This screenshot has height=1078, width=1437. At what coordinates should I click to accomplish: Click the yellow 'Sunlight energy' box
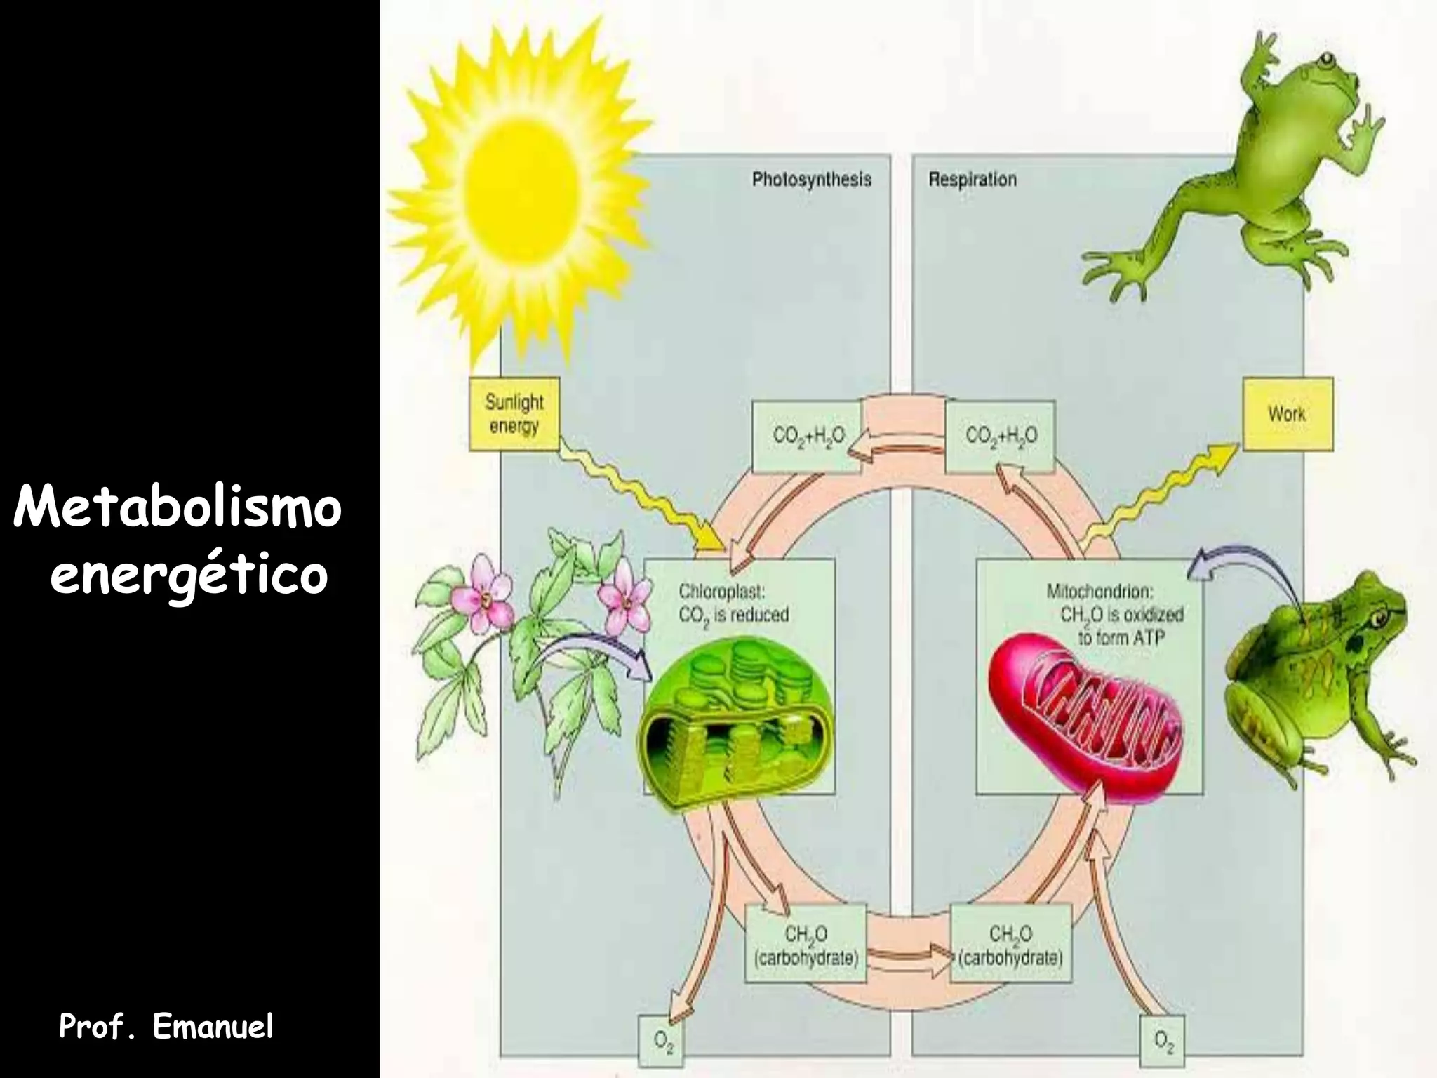pyautogui.click(x=514, y=415)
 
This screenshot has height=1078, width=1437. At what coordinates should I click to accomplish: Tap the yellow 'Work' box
pyautogui.click(x=1287, y=414)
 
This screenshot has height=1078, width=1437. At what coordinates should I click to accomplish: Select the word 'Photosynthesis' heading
pyautogui.click(x=811, y=180)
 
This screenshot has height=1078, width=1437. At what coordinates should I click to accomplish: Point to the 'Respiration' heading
pyautogui.click(x=972, y=180)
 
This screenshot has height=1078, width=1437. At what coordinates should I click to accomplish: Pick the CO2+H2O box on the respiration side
pyautogui.click(x=1000, y=436)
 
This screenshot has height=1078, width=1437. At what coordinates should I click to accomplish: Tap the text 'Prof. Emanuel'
pyautogui.click(x=166, y=1027)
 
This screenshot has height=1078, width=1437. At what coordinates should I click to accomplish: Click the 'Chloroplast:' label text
pyautogui.click(x=721, y=592)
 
